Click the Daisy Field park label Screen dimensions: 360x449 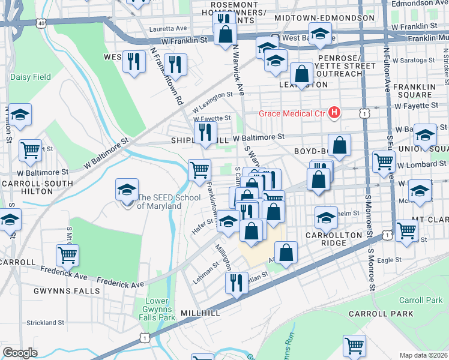30,77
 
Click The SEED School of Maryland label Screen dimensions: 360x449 159,202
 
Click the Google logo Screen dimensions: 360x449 20,352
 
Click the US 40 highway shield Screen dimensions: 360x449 40,23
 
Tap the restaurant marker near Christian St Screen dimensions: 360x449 237,283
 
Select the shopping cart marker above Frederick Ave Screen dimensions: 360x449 67,255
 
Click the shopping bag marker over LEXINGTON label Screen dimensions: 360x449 301,74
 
